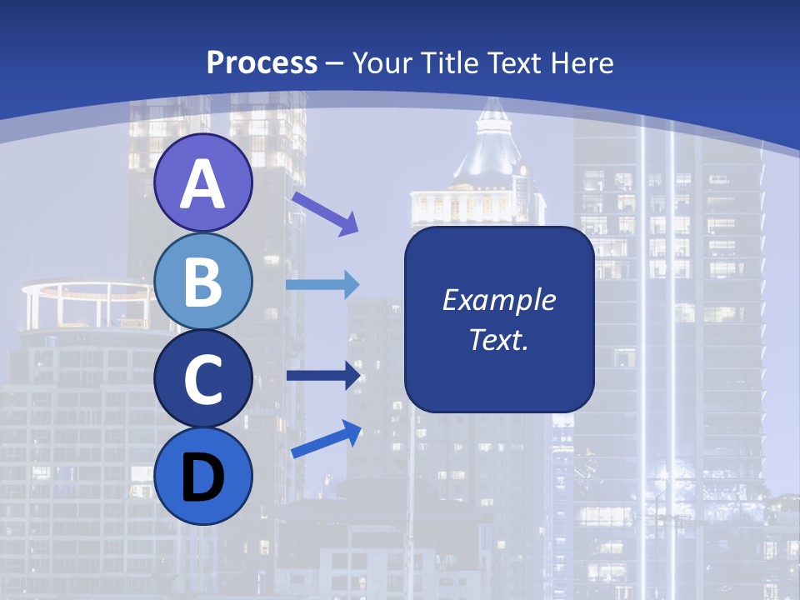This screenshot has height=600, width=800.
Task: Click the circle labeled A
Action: pos(202,182)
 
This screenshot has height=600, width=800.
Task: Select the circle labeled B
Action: pos(202,281)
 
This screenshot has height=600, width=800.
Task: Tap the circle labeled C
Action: pos(202,379)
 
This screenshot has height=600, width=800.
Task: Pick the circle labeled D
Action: pos(202,477)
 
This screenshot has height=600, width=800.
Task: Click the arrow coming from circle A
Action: pos(325,213)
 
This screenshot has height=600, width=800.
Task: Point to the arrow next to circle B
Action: pos(322,285)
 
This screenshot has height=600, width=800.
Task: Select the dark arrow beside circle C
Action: pos(323,375)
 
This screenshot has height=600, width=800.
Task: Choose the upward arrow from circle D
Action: pos(326,440)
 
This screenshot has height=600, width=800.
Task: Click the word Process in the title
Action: pos(262,62)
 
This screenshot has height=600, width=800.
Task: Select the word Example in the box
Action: pos(498,300)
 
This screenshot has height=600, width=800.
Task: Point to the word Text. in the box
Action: pos(498,339)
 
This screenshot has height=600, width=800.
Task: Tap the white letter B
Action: pos(202,281)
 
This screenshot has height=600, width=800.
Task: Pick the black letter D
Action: pos(202,477)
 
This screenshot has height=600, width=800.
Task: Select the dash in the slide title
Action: pos(334,63)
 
